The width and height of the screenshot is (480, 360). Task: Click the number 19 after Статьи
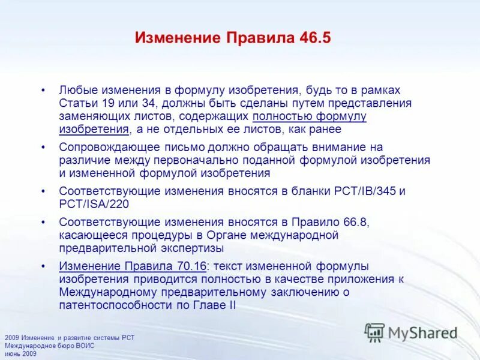click(100, 103)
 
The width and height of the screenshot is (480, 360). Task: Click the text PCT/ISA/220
click(90, 204)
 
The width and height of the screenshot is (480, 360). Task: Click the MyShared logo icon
click(375, 332)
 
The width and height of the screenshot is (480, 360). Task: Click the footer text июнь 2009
click(20, 354)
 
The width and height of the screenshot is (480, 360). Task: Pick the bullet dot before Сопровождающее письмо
click(43, 147)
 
